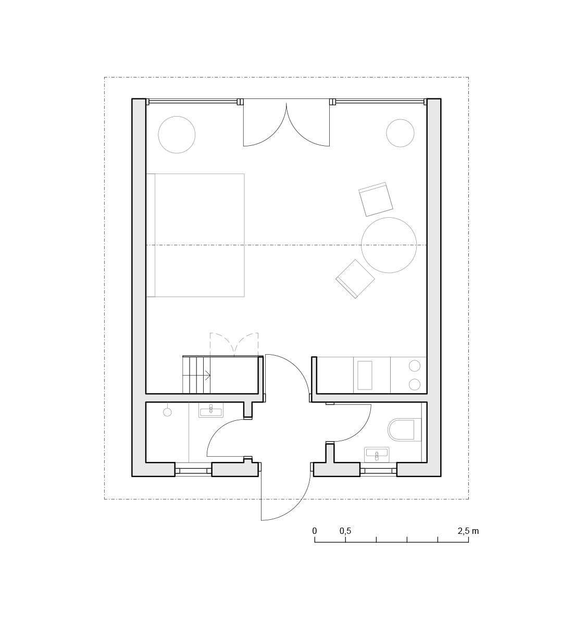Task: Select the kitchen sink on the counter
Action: [365, 375]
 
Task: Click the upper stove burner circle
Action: [414, 366]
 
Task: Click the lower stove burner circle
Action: [414, 384]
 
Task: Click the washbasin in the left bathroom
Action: [211, 410]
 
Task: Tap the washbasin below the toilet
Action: [377, 455]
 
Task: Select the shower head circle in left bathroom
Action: [167, 412]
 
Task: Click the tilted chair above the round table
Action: [376, 199]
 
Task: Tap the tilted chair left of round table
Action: [355, 279]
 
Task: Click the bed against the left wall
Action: [195, 235]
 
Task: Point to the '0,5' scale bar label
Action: [345, 531]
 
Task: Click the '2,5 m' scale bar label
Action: [468, 531]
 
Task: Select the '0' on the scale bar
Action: [315, 531]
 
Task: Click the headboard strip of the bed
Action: [151, 235]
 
